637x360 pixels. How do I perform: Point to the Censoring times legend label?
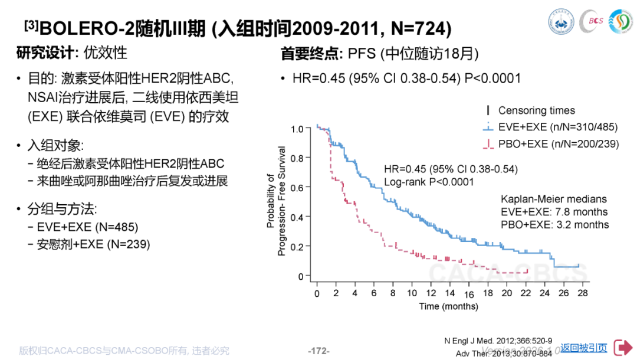536,110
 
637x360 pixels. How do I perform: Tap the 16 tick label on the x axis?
469,294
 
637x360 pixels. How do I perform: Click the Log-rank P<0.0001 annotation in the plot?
429,182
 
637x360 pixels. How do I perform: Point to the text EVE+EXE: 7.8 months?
554,212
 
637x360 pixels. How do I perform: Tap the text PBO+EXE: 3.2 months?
554,224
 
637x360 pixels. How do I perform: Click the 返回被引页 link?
583,348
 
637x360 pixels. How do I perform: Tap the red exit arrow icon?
622,348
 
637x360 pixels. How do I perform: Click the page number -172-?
318,351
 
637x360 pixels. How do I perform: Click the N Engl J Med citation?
498,341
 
